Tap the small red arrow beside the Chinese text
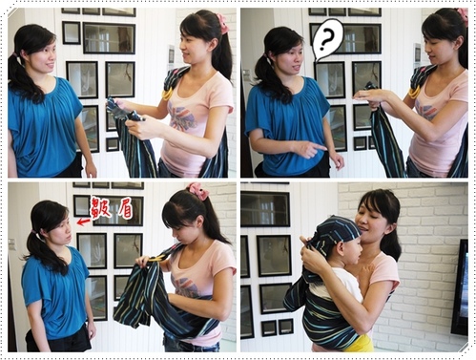coord(83,222)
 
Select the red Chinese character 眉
coord(123,208)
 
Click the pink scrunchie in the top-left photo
coord(221,22)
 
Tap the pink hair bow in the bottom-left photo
coord(199,191)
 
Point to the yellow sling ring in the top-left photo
coord(167,94)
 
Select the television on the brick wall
coord(460,288)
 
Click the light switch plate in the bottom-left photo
coord(11,245)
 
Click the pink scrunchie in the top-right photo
coord(463,16)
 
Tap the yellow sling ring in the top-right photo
coord(414,92)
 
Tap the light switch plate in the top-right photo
coord(247,73)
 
